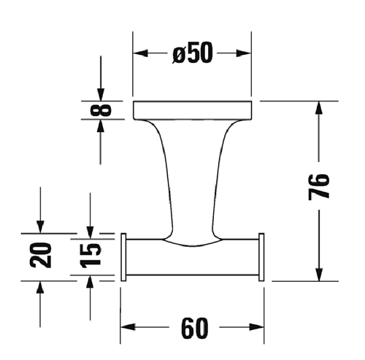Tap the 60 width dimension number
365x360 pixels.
tap(192, 329)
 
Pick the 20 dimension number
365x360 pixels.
tap(43, 256)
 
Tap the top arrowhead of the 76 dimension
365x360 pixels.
tap(319, 109)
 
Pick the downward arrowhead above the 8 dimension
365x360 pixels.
tap(101, 93)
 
